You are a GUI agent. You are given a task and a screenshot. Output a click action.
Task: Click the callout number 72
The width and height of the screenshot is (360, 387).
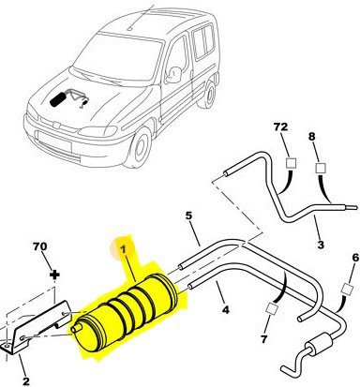pyautogui.click(x=280, y=127)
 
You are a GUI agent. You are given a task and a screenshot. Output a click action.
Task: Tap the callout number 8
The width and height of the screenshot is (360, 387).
pyautogui.click(x=311, y=137)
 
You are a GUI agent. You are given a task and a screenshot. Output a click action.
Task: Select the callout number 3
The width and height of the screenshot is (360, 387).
pyautogui.click(x=321, y=244)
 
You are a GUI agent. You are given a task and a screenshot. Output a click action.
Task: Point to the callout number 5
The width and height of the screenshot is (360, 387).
pyautogui.click(x=188, y=216)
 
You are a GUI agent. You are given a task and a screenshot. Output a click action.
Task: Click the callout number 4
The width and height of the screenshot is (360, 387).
pyautogui.click(x=225, y=309)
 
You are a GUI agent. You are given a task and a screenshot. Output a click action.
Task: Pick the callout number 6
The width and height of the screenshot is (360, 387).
pyautogui.click(x=355, y=258)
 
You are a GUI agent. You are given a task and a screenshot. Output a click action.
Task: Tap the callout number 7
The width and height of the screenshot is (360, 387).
pyautogui.click(x=264, y=338)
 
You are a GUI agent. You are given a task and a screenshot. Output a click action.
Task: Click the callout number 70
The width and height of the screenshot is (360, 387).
pyautogui.click(x=40, y=246)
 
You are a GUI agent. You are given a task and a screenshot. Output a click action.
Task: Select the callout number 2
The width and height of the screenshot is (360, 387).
pyautogui.click(x=26, y=380)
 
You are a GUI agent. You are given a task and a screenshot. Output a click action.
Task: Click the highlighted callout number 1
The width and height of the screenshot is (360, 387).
pyautogui.click(x=123, y=249)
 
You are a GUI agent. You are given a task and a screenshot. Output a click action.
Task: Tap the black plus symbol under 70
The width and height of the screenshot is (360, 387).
pyautogui.click(x=54, y=275)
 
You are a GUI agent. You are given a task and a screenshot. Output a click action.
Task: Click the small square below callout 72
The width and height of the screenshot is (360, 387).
pyautogui.click(x=292, y=163)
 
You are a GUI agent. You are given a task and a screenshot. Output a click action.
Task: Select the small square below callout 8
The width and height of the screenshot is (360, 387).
pyautogui.click(x=321, y=168)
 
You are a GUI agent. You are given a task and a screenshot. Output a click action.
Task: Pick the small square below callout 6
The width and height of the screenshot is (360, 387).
pyautogui.click(x=347, y=289)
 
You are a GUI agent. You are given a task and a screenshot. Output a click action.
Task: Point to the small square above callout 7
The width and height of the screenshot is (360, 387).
pyautogui.click(x=272, y=309)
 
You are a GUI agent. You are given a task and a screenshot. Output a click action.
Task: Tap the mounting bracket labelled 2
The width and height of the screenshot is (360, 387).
pyautogui.click(x=35, y=328)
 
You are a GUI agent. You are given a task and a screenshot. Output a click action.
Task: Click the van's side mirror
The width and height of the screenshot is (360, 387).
pyautogui.click(x=172, y=75)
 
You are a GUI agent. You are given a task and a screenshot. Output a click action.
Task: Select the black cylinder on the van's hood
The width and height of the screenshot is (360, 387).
pyautogui.click(x=57, y=99)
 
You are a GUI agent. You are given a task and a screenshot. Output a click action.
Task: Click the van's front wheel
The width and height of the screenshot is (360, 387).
pyautogui.click(x=139, y=147)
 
